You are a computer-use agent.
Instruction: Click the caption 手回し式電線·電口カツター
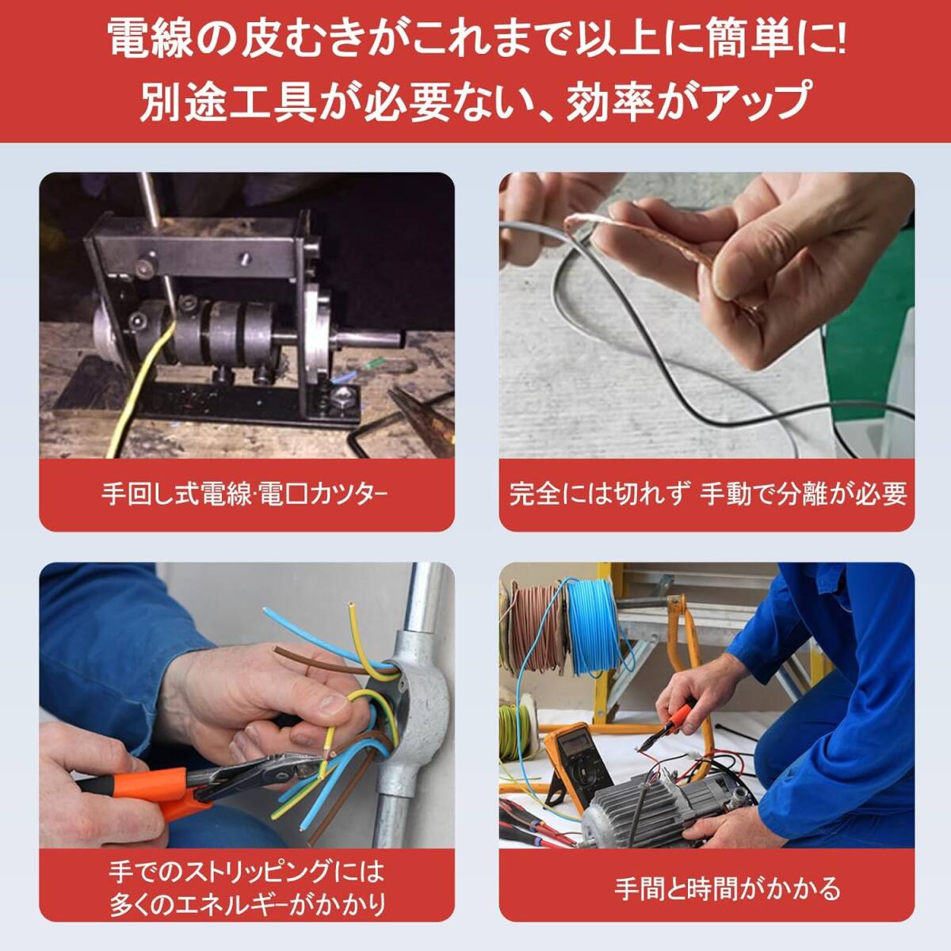click(246, 495)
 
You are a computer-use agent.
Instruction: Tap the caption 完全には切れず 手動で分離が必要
click(707, 495)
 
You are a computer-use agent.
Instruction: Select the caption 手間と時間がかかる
click(727, 888)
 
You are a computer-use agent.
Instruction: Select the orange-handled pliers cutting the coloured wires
click(182, 785)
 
